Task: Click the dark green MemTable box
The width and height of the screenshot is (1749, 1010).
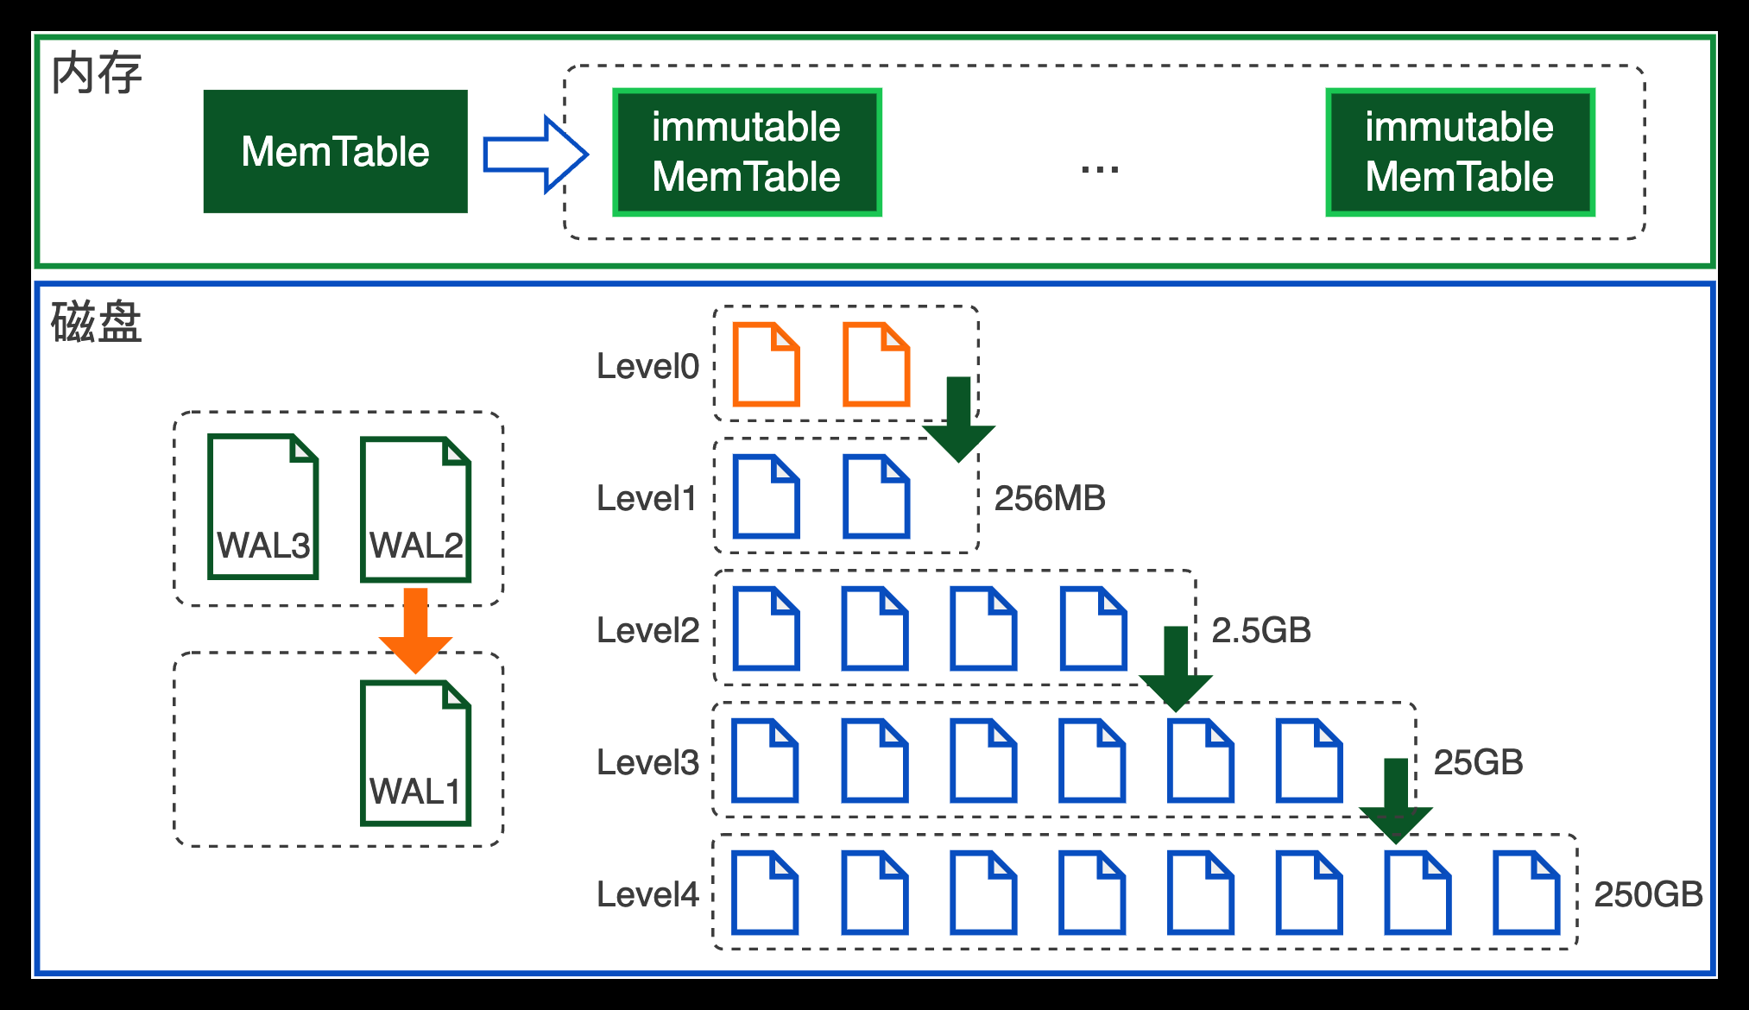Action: click(335, 151)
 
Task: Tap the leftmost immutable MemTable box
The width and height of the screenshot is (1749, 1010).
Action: click(747, 152)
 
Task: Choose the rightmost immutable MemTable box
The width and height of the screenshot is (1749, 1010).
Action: click(1460, 152)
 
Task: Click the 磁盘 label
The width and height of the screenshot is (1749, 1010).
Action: click(96, 322)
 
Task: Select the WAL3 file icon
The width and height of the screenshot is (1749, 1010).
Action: click(263, 507)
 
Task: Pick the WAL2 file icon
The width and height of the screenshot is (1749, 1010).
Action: click(416, 509)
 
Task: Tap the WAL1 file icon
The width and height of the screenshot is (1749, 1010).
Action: click(416, 754)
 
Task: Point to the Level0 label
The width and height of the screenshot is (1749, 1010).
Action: click(647, 366)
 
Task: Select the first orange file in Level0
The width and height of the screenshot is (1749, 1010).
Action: click(766, 364)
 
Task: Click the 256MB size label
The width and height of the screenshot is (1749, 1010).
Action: click(1050, 498)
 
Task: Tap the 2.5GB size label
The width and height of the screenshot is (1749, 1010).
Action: click(1261, 630)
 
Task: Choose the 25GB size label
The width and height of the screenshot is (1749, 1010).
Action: click(1478, 762)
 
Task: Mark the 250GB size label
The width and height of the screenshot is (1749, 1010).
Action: click(1648, 894)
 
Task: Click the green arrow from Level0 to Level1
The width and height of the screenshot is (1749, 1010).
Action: click(958, 420)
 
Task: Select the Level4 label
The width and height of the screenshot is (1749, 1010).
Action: click(647, 894)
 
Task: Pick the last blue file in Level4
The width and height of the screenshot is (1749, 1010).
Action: click(1526, 893)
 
